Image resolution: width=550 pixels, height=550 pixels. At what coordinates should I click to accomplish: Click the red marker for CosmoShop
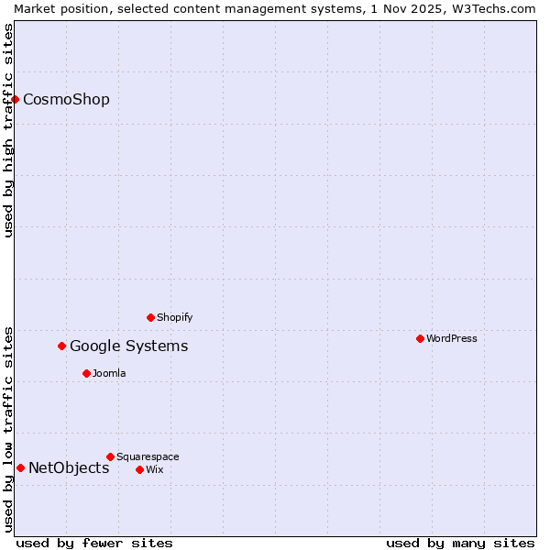point(16,99)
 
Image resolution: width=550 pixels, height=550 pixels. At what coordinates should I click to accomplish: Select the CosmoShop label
point(66,100)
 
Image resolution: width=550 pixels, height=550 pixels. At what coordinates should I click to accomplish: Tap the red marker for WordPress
point(420,338)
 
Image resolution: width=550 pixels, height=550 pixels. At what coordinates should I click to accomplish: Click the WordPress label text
point(451,338)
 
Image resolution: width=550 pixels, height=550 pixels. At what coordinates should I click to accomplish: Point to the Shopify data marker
point(150,317)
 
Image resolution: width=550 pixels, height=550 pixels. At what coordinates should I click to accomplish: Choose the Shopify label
point(174,317)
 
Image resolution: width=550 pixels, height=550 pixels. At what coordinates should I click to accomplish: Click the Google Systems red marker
point(62,346)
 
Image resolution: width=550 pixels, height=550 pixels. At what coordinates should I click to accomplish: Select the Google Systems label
point(128,346)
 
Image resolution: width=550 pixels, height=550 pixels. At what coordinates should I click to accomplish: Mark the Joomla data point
point(86,373)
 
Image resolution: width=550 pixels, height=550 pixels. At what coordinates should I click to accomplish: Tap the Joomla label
point(109,373)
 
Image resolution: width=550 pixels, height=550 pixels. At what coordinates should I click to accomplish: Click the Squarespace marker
point(110,456)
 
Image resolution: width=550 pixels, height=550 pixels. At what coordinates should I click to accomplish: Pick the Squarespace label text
point(148,456)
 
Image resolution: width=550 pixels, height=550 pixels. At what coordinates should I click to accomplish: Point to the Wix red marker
point(139,469)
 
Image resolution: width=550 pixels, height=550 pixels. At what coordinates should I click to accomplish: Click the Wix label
point(154,469)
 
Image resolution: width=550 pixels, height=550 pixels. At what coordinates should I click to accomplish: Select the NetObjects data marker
point(20,467)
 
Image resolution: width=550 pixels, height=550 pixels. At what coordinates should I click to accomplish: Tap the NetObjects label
point(69,468)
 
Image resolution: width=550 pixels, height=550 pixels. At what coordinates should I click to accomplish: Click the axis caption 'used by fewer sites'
point(94,543)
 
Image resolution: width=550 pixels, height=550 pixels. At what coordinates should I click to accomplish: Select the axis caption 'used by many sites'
point(460,543)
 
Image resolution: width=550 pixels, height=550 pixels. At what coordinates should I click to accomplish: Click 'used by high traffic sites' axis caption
point(8,130)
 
